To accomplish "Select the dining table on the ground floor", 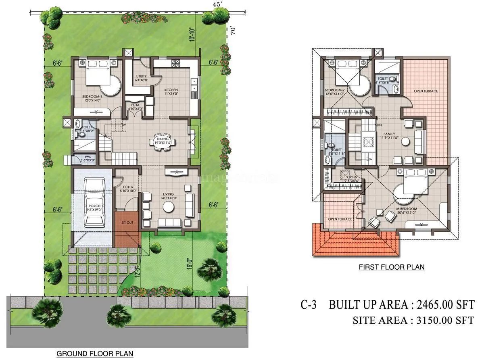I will (x=163, y=143).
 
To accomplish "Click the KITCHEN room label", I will (x=171, y=90).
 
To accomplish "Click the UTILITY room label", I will (x=141, y=76).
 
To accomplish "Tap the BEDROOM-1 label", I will (x=92, y=97).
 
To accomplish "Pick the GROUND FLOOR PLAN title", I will (x=94, y=354).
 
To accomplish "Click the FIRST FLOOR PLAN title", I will (x=392, y=267).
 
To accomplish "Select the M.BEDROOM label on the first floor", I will (x=407, y=209).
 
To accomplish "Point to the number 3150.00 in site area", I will (x=436, y=320).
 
